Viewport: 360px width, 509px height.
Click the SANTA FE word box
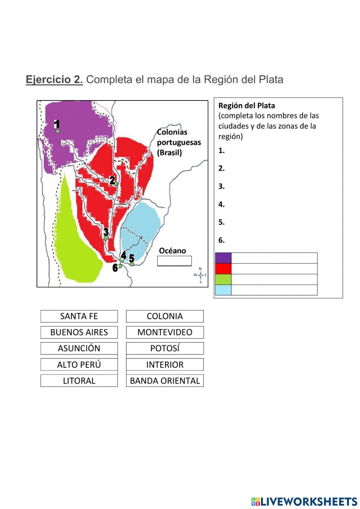[79, 316]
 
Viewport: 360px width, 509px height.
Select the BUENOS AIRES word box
[79, 332]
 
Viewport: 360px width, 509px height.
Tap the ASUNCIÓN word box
[79, 348]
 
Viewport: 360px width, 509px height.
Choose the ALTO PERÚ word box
[79, 365]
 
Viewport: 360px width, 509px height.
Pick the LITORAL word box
[79, 381]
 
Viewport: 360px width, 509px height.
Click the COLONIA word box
[165, 316]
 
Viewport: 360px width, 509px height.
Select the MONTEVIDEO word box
[165, 332]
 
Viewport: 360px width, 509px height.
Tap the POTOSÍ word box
[165, 348]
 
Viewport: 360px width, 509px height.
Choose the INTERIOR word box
[165, 365]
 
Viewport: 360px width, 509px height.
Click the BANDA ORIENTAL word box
[165, 381]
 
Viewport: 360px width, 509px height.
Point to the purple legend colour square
[223, 258]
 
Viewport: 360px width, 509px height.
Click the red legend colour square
[223, 269]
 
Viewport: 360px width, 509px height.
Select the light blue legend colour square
[223, 290]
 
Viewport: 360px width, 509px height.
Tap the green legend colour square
[223, 279]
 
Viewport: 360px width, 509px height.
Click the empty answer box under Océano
[174, 261]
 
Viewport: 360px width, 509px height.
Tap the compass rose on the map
[200, 275]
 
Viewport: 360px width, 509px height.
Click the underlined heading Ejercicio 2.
[54, 80]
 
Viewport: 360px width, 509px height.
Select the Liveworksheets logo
[304, 501]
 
